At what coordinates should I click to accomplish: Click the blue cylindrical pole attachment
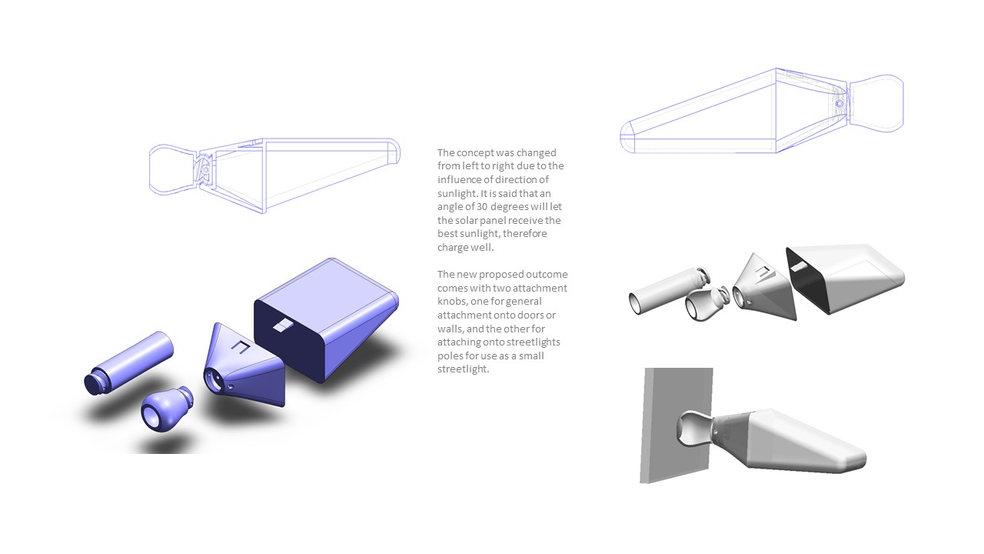(128, 363)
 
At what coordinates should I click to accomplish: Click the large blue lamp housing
(327, 319)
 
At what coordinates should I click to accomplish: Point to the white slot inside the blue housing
(284, 325)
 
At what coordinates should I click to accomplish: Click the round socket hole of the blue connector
(214, 379)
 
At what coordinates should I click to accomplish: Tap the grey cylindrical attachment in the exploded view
(669, 290)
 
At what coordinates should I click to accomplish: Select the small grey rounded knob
(706, 303)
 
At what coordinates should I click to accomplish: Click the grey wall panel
(676, 425)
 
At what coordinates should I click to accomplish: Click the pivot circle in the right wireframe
(839, 104)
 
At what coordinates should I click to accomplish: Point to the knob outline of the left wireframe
(174, 169)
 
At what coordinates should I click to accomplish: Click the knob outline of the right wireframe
(876, 103)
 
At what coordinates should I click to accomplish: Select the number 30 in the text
(482, 207)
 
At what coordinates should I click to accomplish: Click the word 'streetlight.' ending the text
(463, 369)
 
